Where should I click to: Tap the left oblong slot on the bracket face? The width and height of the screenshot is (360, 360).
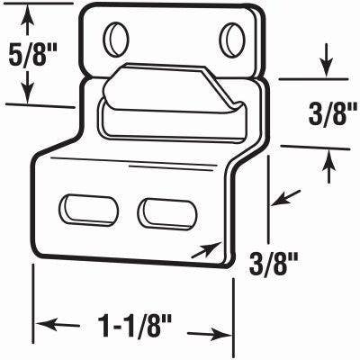coord(89,209)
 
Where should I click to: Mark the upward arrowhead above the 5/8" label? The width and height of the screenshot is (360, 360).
coord(30,12)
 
